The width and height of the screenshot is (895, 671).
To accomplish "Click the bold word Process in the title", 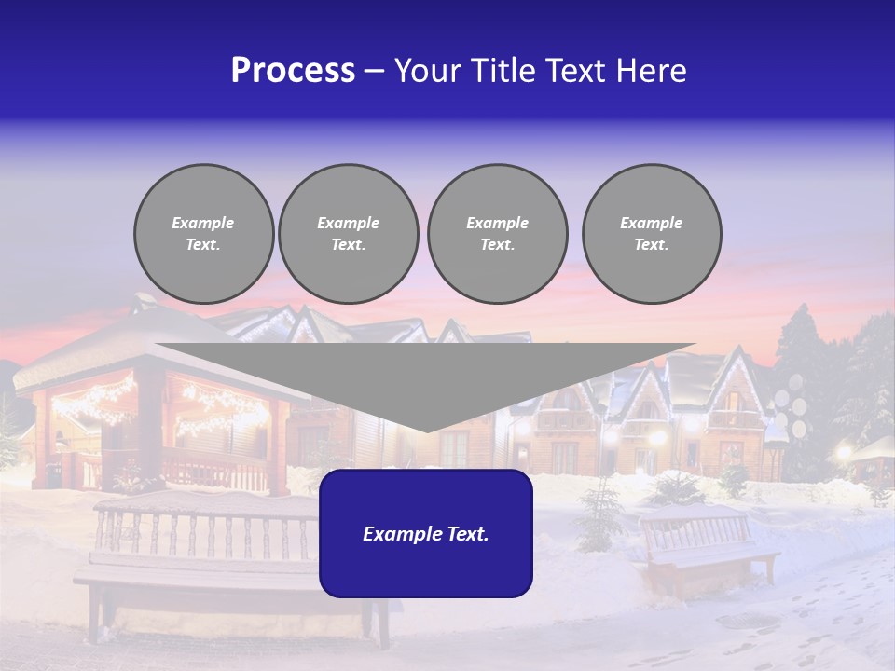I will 293,71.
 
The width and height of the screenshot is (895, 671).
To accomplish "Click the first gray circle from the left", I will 203,233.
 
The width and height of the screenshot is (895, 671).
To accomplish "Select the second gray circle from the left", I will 348,233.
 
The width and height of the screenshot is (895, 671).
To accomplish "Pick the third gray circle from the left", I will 497,233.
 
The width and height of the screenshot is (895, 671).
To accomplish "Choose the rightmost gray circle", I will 651,233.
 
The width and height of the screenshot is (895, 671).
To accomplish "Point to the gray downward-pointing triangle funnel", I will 425,373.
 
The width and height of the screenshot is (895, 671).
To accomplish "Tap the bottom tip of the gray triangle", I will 425,430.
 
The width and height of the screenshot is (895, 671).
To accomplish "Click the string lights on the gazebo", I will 93,401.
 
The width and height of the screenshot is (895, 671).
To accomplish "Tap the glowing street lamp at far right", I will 845,453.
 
